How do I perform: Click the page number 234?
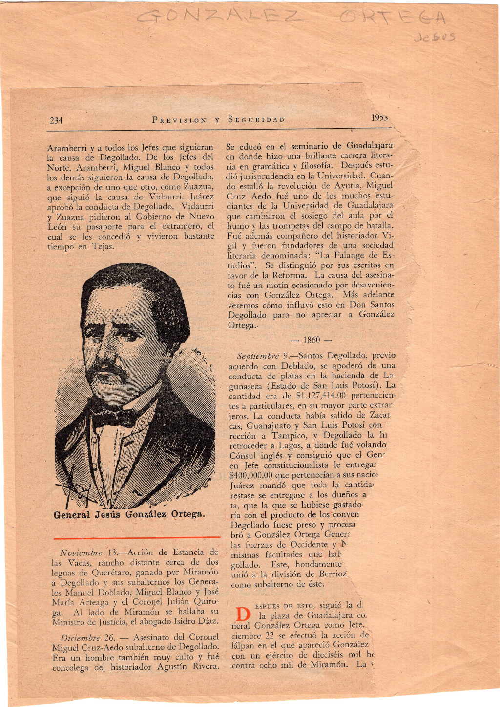[x=56, y=120]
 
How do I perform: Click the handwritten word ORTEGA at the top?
[x=393, y=19]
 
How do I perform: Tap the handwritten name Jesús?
[x=434, y=37]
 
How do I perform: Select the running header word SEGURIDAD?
[x=256, y=120]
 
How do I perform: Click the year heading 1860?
[x=311, y=340]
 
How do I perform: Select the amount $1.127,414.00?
[x=321, y=396]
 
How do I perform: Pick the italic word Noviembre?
[x=81, y=553]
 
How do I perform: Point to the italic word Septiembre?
[x=258, y=356]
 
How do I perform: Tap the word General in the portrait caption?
[x=72, y=515]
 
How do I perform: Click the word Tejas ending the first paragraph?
[x=103, y=246]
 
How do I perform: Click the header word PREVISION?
[x=179, y=120]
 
